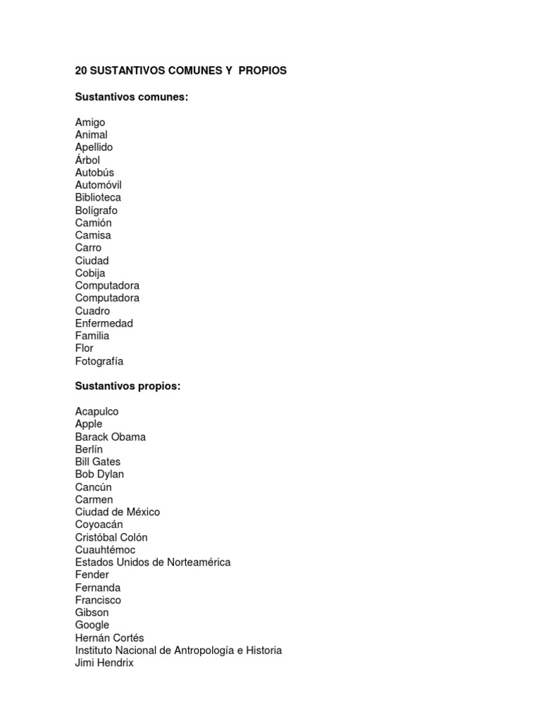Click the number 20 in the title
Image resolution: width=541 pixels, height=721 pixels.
[81, 71]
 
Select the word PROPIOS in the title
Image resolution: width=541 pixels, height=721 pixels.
[263, 71]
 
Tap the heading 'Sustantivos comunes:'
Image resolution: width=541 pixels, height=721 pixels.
[132, 96]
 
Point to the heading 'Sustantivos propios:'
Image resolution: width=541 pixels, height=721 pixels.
[128, 386]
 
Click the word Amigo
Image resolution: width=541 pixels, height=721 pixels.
[90, 123]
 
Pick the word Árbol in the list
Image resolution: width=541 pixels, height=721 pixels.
[87, 160]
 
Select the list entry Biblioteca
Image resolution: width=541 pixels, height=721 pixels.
[98, 197]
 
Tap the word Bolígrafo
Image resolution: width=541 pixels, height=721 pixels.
[97, 211]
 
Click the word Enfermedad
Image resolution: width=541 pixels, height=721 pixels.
[104, 323]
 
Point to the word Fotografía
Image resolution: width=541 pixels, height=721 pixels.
[99, 361]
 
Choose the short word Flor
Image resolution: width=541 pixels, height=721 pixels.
[84, 348]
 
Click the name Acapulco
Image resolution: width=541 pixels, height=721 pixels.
[97, 411]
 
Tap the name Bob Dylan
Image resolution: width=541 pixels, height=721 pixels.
[99, 474]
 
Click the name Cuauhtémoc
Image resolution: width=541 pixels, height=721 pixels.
[105, 550]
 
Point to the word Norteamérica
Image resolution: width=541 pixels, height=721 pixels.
[194, 562]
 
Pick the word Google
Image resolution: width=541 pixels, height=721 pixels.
[92, 625]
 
